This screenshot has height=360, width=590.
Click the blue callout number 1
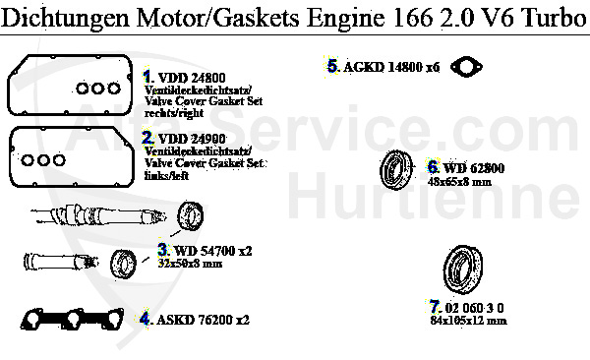point(148,76)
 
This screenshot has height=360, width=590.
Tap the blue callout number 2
point(148,138)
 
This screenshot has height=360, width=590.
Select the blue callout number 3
point(163,251)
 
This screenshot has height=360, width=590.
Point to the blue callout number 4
point(145,319)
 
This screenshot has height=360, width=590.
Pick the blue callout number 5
point(333,66)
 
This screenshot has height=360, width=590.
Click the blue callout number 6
point(433,168)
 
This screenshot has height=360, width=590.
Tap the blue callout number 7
point(434,306)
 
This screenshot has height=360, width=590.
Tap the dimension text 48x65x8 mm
point(459,182)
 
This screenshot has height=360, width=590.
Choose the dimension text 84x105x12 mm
point(468,320)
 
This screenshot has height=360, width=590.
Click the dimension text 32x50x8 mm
point(191,264)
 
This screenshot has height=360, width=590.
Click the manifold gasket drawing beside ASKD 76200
point(75,319)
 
